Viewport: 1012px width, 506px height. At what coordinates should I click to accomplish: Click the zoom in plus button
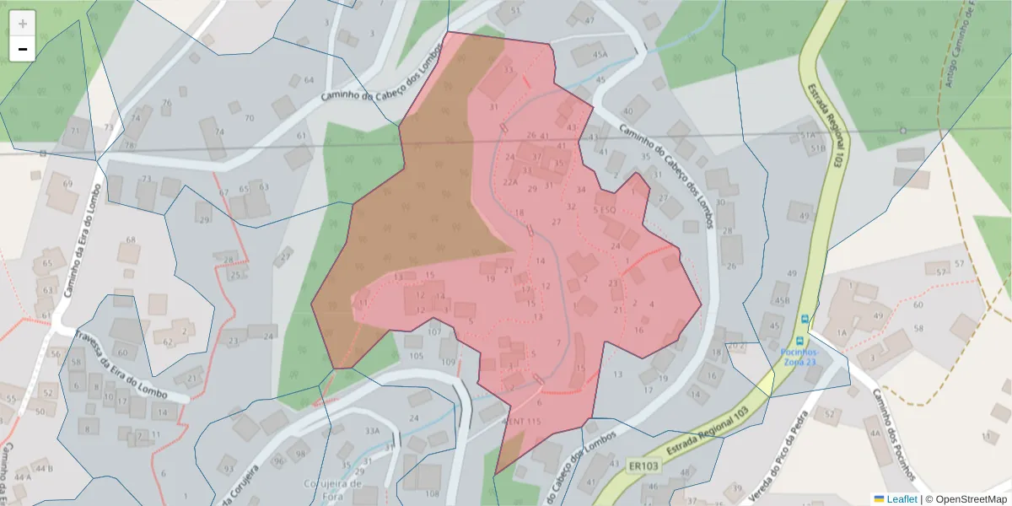point(23,24)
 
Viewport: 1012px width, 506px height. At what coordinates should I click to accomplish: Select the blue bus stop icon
point(805,319)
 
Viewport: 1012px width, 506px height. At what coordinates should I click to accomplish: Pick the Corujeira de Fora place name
point(332,490)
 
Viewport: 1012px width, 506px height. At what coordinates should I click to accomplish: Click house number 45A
point(600,55)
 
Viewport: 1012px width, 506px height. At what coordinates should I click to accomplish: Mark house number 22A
point(510,181)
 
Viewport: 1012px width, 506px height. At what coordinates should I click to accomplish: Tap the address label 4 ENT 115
point(520,421)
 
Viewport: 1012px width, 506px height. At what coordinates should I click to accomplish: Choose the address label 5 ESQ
point(605,209)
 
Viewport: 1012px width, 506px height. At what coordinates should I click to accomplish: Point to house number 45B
point(782,300)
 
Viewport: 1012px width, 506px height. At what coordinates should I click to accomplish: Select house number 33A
point(372,431)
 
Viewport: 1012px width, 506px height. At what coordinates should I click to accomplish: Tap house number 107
point(434,331)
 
